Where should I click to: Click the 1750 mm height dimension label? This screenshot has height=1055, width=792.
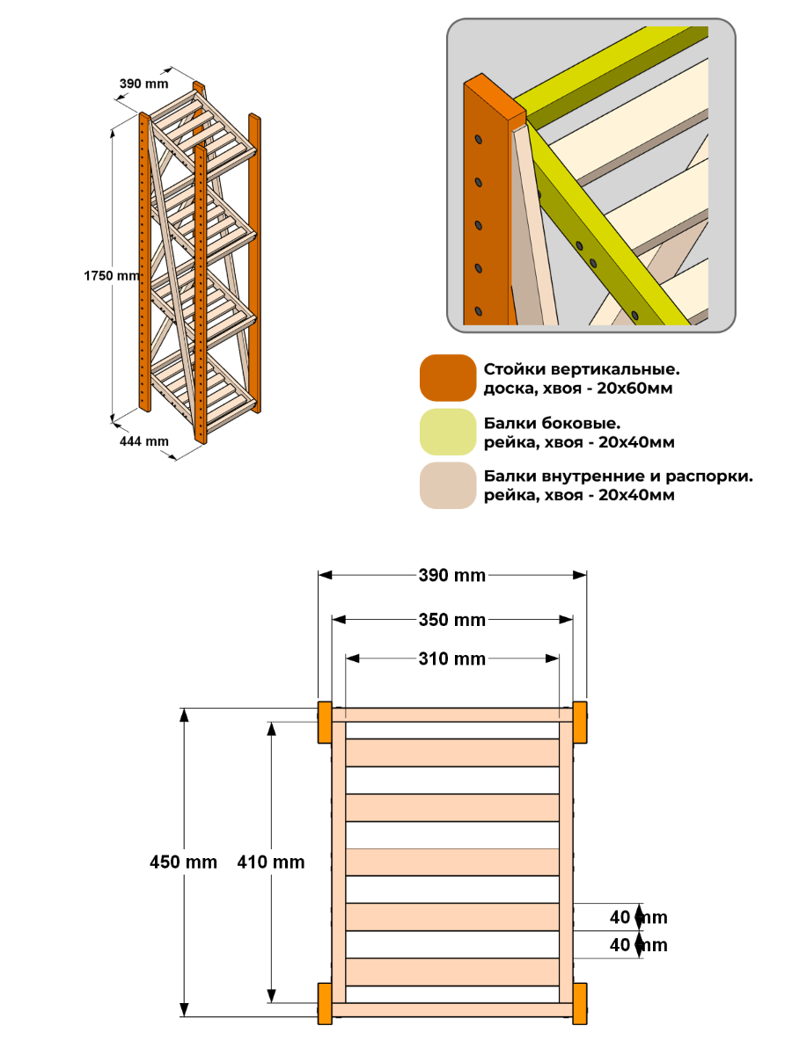coord(112,276)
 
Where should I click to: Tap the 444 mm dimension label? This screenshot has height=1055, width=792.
coord(143,441)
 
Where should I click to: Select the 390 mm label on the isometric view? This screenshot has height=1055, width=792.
coord(143,84)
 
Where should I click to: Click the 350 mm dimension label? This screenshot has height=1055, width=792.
coord(451,620)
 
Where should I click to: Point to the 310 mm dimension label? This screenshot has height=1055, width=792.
coord(451,658)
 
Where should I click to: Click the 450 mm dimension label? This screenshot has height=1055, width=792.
coord(183,862)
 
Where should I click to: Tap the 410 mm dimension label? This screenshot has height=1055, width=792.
coord(271,862)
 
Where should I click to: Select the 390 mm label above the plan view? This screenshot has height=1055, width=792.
coord(451,575)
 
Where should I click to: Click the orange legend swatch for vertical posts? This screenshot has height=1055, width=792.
coord(448,378)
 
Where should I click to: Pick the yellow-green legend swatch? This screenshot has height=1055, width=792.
coord(448,432)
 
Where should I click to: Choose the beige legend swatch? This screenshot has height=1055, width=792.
coord(448,485)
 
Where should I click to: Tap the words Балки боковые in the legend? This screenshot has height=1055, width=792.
coord(552,424)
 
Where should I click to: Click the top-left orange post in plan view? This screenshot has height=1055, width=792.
coord(325,723)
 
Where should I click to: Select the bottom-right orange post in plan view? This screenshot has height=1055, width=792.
coord(580,1004)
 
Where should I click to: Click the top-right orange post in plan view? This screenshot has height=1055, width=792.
coord(580,723)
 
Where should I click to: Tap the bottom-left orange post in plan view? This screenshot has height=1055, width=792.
coord(325,1004)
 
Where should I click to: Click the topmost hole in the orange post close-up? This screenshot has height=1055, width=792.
coord(479,140)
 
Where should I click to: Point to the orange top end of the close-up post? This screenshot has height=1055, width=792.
coord(495,96)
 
